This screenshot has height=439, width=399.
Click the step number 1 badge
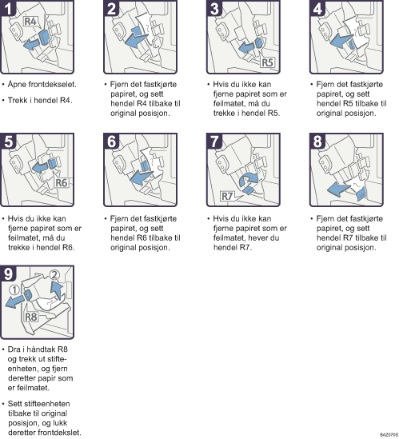coord(8,8)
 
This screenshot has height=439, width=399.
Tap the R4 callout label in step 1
coord(30,22)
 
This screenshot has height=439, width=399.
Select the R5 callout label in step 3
coord(267,62)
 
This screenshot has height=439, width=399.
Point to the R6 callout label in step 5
coord(62,183)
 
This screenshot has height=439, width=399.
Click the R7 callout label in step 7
coord(227,196)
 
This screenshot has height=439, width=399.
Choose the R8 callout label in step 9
coord(31,317)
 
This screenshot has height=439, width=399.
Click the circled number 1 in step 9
coord(14,290)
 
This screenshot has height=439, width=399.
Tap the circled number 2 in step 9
coord(54,275)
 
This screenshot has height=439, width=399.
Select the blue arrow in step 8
coord(339,190)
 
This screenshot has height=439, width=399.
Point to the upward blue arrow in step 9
coord(57,290)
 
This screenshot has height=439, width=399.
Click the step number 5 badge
coord(8,141)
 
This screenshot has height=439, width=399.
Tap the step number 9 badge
coord(8,273)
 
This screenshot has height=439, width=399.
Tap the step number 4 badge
coord(317,8)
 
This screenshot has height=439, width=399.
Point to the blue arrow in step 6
coord(142,178)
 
